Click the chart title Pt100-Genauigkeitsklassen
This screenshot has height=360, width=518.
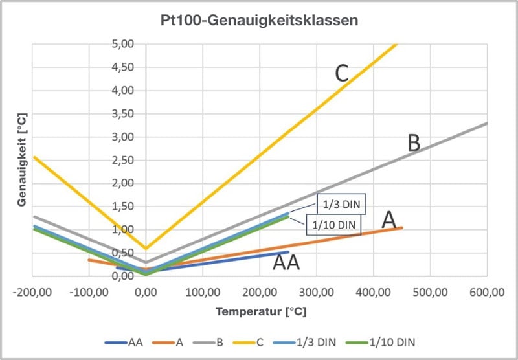260,21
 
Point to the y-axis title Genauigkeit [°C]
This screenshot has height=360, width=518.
22,160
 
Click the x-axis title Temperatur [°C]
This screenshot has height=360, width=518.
261,311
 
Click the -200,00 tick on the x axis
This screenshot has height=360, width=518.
32,292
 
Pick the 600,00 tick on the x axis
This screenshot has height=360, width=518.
487,292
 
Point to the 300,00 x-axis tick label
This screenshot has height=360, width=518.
317,292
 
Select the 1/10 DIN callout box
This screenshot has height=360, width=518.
333,225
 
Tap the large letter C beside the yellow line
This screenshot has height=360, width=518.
342,74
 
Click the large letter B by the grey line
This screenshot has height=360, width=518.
414,143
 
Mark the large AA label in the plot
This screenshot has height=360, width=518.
286,263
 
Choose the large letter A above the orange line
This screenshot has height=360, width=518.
389,220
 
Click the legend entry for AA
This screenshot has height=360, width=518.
124,343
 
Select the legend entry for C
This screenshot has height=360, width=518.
248,343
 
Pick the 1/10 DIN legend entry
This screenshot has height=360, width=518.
380,343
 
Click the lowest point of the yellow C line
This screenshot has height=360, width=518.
146,248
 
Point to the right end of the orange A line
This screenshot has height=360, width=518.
401,227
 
